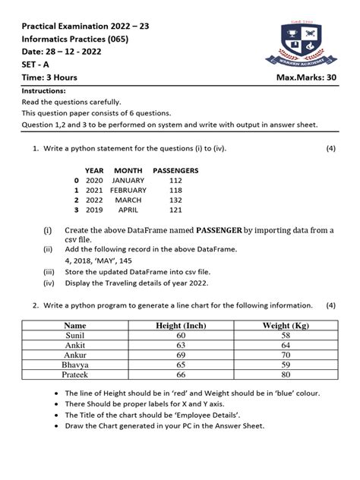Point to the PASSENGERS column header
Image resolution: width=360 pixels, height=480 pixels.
pos(175,171)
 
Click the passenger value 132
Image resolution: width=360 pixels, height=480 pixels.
pos(175,199)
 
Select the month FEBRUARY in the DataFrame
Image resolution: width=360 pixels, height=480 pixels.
pos(128,190)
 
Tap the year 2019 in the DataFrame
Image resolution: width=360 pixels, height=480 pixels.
pos(94,209)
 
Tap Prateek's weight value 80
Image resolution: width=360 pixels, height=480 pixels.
pos(286,374)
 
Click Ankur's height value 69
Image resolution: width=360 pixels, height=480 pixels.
pos(181,354)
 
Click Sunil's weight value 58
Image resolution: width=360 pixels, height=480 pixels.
pos(286,335)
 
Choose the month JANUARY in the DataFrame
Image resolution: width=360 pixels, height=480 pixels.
pos(128,181)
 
